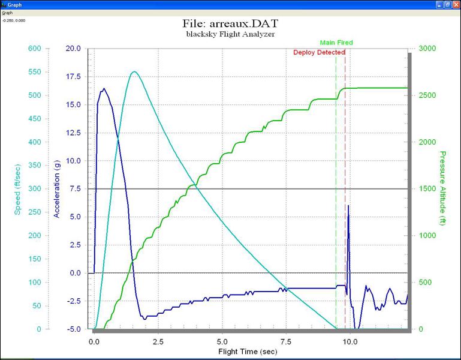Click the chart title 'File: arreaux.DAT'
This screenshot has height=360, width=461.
click(231, 24)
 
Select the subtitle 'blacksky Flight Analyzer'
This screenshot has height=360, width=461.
click(231, 34)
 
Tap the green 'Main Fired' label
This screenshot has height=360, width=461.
click(336, 43)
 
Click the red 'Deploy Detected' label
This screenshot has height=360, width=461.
click(319, 52)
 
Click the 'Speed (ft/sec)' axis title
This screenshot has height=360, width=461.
click(18, 189)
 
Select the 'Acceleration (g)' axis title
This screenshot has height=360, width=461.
click(58, 189)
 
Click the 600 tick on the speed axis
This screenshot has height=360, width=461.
click(35, 49)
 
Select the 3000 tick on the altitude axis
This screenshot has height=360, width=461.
click(427, 49)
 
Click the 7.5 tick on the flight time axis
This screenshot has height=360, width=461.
click(286, 340)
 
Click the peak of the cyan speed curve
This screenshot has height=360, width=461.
click(134, 72)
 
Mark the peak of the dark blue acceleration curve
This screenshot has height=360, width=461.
click(104, 89)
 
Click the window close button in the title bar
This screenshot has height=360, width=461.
click(455, 4)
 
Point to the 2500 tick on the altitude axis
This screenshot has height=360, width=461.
click(427, 95)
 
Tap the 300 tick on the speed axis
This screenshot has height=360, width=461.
click(35, 189)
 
